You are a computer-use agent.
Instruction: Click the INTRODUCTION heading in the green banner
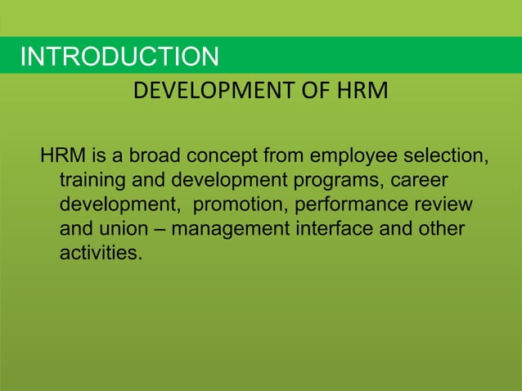pyautogui.click(x=119, y=57)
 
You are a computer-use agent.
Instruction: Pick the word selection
pyautogui.click(x=443, y=155)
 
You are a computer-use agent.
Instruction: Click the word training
pyautogui.click(x=91, y=179)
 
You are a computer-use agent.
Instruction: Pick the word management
pyautogui.click(x=225, y=228)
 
